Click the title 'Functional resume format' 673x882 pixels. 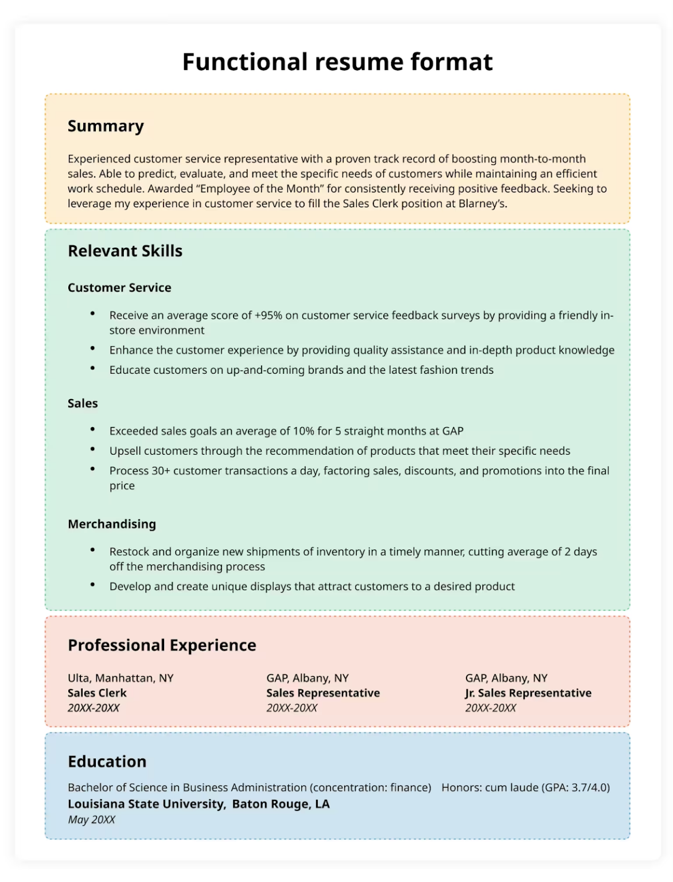337,62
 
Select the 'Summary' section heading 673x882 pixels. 106,126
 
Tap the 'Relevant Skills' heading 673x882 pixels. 125,251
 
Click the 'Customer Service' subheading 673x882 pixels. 119,288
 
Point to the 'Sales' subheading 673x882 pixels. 83,403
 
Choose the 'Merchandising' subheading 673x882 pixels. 112,524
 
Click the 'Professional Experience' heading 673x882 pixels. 162,645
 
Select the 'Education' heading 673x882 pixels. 107,761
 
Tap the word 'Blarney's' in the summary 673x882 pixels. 482,204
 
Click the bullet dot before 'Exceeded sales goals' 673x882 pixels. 92,429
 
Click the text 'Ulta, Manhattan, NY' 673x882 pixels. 120,678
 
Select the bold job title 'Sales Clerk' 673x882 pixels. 97,693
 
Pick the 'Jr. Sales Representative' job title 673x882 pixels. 528,693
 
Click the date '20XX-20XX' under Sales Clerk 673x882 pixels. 94,708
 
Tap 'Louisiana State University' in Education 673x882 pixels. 146,804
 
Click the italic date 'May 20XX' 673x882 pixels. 91,820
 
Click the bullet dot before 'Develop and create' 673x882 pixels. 92,585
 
